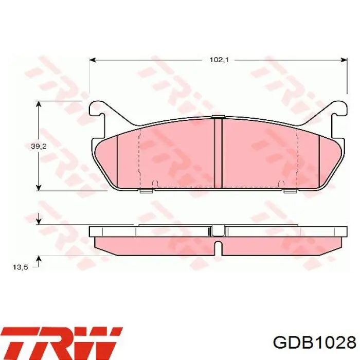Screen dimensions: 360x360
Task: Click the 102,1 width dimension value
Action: pyautogui.click(x=219, y=60)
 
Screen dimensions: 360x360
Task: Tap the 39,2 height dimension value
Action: pyautogui.click(x=39, y=146)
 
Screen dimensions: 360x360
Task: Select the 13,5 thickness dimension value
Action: pyautogui.click(x=20, y=267)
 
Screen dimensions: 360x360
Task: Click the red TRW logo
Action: pyautogui.click(x=61, y=343)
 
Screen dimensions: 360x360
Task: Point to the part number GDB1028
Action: pyautogui.click(x=314, y=343)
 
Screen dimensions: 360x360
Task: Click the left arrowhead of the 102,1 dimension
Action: pyautogui.click(x=92, y=60)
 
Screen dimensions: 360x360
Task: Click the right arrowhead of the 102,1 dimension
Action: pyautogui.click(x=344, y=60)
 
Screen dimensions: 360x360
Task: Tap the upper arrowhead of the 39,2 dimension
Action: pyautogui.click(x=39, y=104)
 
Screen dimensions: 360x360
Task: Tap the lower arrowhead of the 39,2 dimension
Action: pyautogui.click(x=39, y=187)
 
